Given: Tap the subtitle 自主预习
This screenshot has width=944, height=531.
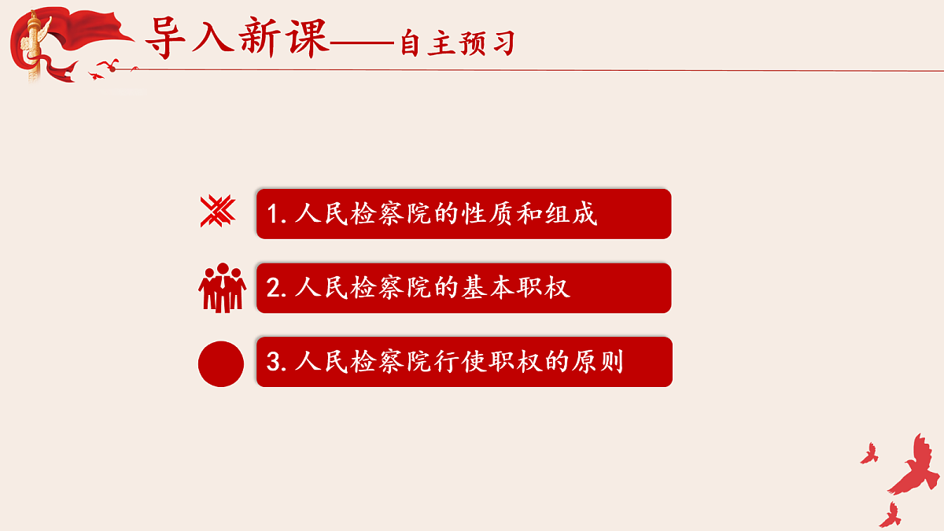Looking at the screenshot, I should coord(456,43).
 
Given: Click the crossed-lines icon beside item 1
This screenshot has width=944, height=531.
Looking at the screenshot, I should coord(217,211).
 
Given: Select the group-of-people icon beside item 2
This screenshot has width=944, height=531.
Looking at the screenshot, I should coord(222,287).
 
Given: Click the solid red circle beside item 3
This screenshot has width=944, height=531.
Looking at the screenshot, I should coord(221,363).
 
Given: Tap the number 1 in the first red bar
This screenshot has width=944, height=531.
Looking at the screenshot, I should coord(273,214).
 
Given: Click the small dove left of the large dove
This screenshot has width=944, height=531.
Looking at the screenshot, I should coord(868,453).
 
